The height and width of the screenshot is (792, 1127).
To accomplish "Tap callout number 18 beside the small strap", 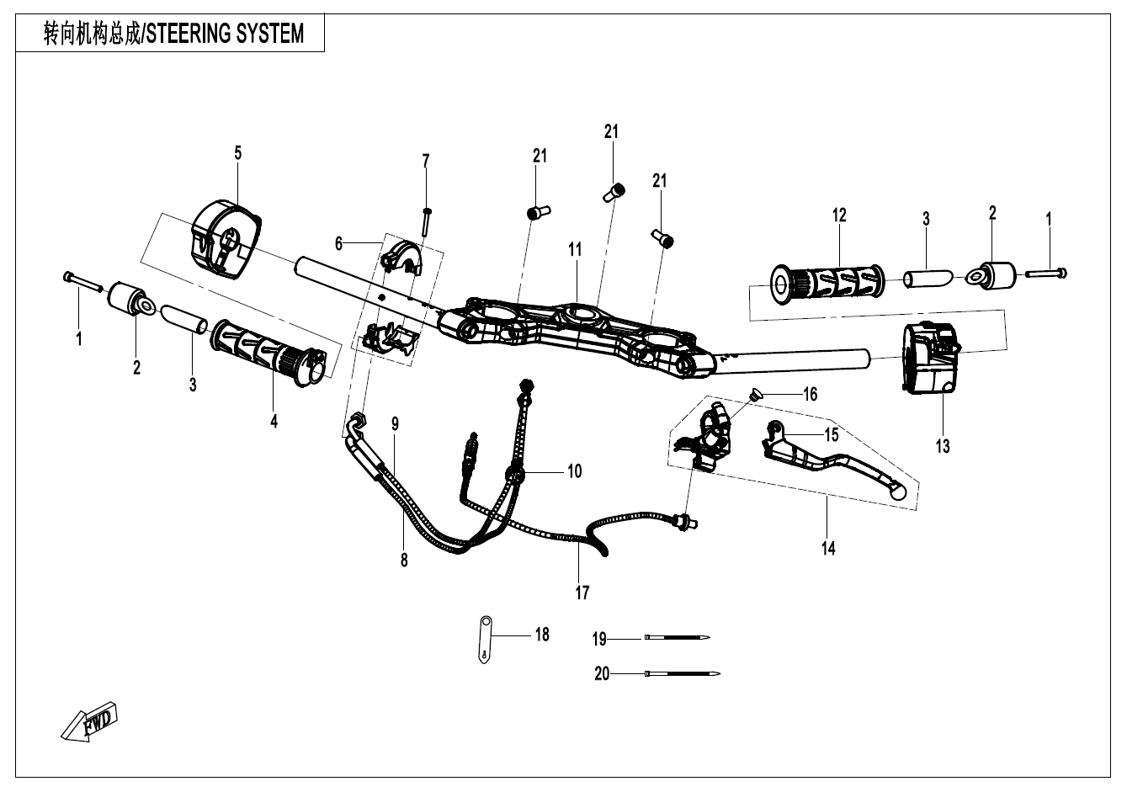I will pyautogui.click(x=542, y=635).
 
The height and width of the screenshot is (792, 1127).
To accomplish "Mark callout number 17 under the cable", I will pyautogui.click(x=582, y=593).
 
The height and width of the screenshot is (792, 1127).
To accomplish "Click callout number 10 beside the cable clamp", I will pyautogui.click(x=574, y=471).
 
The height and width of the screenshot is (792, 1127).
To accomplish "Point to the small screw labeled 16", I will pyautogui.click(x=755, y=392).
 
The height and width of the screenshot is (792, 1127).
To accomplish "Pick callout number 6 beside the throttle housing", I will pyautogui.click(x=339, y=243).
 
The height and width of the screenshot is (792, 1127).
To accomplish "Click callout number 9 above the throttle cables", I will pyautogui.click(x=394, y=424).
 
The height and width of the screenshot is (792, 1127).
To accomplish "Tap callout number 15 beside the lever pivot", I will pyautogui.click(x=832, y=435).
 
